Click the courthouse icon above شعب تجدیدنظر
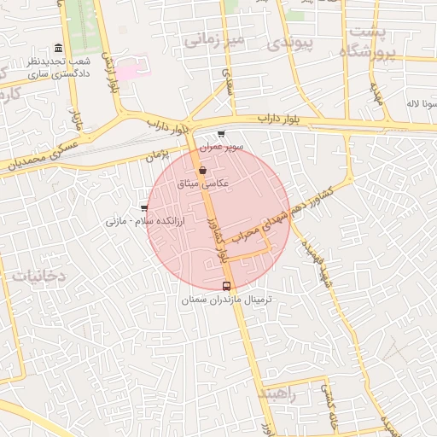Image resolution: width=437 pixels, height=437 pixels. pyautogui.click(x=57, y=48)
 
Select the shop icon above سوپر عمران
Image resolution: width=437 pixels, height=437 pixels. pyautogui.click(x=222, y=134)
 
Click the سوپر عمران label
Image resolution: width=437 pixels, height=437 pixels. pyautogui.click(x=222, y=147)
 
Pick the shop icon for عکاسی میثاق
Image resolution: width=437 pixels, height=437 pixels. pyautogui.click(x=202, y=171)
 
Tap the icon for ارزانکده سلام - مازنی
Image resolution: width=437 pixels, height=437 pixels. pyautogui.click(x=143, y=208)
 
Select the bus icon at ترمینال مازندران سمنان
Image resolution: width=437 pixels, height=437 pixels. pyautogui.click(x=226, y=287)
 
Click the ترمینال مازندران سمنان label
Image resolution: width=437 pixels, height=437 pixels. pyautogui.click(x=226, y=300)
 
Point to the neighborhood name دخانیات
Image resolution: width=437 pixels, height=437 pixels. pyautogui.click(x=38, y=276)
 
